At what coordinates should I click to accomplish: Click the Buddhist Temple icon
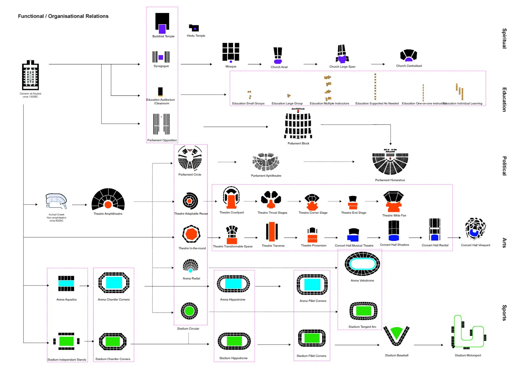tap(162, 23)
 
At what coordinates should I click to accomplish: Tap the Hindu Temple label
tap(196, 36)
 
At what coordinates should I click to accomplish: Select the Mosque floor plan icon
tap(231, 52)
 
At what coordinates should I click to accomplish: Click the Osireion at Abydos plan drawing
tap(30, 75)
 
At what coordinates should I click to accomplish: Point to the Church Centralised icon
tap(408, 55)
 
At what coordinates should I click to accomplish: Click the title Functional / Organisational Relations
tap(63, 16)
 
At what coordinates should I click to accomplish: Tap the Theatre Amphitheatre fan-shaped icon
tap(108, 199)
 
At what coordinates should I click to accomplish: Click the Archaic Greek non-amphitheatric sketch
tap(56, 201)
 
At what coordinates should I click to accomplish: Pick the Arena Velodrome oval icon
tap(362, 264)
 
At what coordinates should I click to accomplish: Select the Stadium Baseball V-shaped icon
tap(396, 336)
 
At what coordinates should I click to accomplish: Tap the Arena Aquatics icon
tap(66, 283)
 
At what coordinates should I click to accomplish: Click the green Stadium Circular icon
tap(189, 311)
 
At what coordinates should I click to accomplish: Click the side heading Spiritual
tap(504, 38)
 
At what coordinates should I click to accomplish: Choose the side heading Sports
tap(504, 313)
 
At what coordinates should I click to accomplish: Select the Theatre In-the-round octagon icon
tap(191, 234)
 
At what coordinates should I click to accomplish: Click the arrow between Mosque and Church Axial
tap(254, 64)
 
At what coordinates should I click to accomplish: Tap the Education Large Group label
tap(287, 103)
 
